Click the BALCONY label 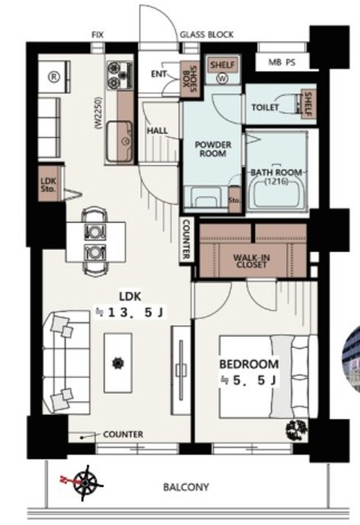click(x=186, y=486)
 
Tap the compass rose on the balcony click(x=85, y=483)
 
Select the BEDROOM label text click(x=249, y=363)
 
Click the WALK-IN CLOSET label click(x=252, y=261)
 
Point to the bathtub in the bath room click(x=277, y=194)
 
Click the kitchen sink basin click(x=120, y=140)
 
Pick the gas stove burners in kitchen click(x=120, y=75)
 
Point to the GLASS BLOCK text click(x=207, y=34)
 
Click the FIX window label click(x=98, y=34)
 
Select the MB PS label click(x=282, y=62)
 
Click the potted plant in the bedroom click(x=296, y=429)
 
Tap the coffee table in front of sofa click(x=118, y=363)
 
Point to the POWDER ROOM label click(x=213, y=149)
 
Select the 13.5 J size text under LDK click(x=130, y=313)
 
